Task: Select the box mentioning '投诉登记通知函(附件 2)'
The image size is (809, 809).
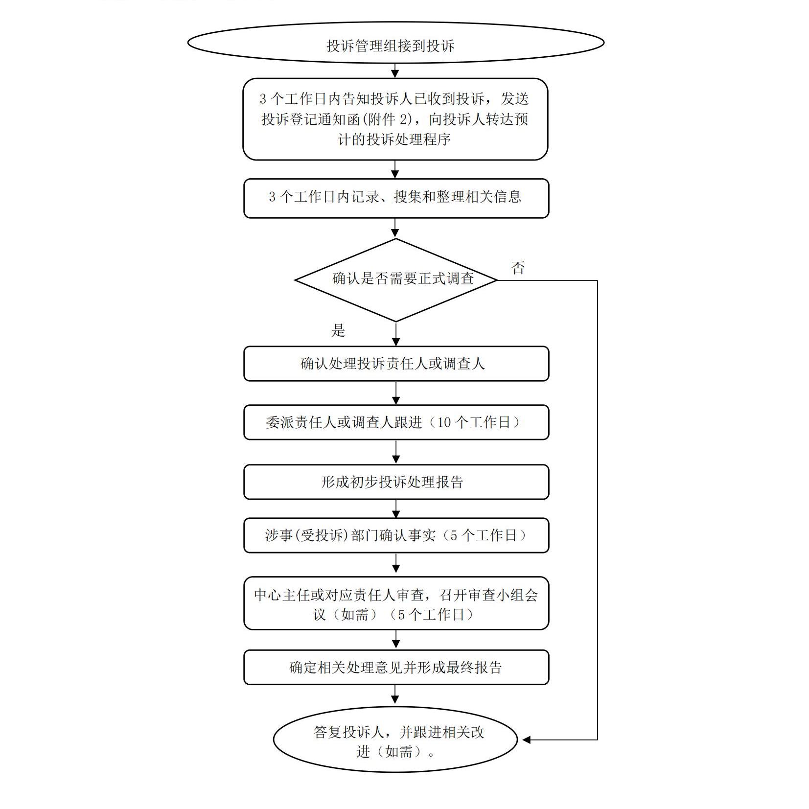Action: pyautogui.click(x=395, y=119)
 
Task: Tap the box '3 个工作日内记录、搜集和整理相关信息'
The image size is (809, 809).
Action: pyautogui.click(x=395, y=198)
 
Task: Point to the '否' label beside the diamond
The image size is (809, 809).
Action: pyautogui.click(x=518, y=268)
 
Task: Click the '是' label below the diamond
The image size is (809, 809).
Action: pyautogui.click(x=338, y=330)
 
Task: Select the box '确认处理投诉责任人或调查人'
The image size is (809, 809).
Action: pyautogui.click(x=395, y=364)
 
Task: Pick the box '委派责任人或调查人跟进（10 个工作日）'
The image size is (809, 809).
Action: pyautogui.click(x=395, y=422)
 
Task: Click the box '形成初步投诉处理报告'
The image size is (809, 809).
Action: pyautogui.click(x=395, y=482)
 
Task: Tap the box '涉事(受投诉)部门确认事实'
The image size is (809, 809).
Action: pyautogui.click(x=395, y=535)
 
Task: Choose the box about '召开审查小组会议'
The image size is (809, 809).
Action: pyautogui.click(x=395, y=603)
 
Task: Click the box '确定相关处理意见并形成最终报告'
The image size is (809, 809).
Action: pyautogui.click(x=395, y=668)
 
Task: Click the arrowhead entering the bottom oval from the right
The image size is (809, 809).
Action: pyautogui.click(x=527, y=740)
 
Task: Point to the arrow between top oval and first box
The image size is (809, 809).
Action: pyautogui.click(x=395, y=71)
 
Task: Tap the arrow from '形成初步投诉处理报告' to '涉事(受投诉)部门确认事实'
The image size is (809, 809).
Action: pyautogui.click(x=396, y=509)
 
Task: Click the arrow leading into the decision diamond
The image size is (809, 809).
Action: pyautogui.click(x=395, y=229)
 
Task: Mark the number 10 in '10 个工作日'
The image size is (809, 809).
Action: pyautogui.click(x=444, y=422)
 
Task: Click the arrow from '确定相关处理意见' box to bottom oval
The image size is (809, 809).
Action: pyautogui.click(x=395, y=695)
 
